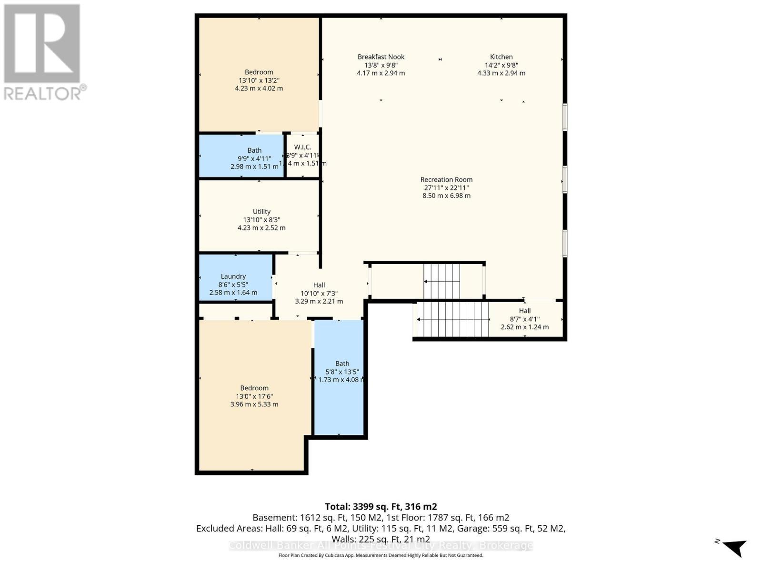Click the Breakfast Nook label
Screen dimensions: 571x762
[381, 57]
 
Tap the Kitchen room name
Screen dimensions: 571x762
[501, 57]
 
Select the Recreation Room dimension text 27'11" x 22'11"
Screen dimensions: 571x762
[446, 187]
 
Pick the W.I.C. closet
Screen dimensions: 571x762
[302, 155]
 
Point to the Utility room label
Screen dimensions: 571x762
[261, 212]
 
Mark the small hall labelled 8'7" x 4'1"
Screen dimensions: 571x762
[525, 318]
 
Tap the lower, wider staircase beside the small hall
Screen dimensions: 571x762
[453, 319]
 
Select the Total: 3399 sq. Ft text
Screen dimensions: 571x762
[381, 507]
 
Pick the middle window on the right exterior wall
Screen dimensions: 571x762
[565, 179]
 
